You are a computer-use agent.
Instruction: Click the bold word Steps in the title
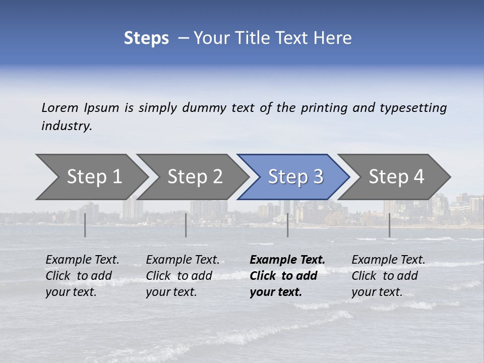click(146, 38)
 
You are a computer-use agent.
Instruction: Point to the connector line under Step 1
click(85, 225)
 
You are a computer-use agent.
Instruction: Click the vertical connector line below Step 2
click(186, 225)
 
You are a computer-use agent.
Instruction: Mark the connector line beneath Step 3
click(288, 225)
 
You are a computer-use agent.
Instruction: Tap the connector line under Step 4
click(389, 225)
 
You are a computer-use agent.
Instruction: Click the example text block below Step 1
click(82, 276)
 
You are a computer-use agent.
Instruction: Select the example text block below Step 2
click(183, 276)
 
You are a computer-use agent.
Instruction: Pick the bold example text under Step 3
click(287, 276)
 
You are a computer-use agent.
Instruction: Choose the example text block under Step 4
click(388, 276)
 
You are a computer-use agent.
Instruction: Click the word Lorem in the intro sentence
click(60, 108)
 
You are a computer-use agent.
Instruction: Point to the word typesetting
click(413, 108)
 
